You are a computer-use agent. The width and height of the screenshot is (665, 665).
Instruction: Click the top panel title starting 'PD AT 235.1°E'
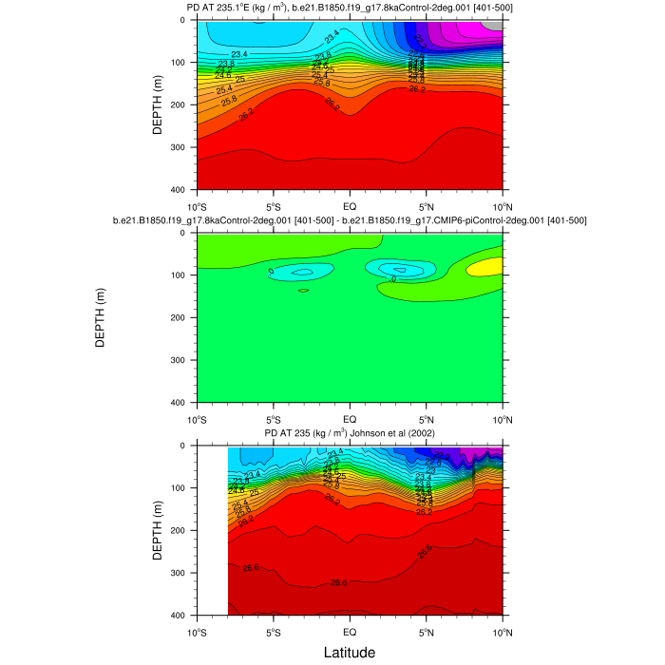(349, 9)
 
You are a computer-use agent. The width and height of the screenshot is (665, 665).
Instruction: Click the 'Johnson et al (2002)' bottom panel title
(349, 434)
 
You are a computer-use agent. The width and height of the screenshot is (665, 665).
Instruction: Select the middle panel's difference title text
(349, 220)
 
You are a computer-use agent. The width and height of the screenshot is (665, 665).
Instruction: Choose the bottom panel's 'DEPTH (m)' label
(158, 530)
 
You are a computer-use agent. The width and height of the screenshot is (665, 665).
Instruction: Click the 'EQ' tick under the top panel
(350, 204)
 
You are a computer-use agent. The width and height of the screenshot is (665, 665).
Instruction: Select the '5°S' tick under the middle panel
(273, 417)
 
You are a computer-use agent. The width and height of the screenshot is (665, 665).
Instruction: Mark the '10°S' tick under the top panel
(197, 204)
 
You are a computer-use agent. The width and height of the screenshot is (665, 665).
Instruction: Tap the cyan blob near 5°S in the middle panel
(302, 272)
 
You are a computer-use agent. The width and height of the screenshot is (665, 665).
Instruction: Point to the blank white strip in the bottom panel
(212, 530)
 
